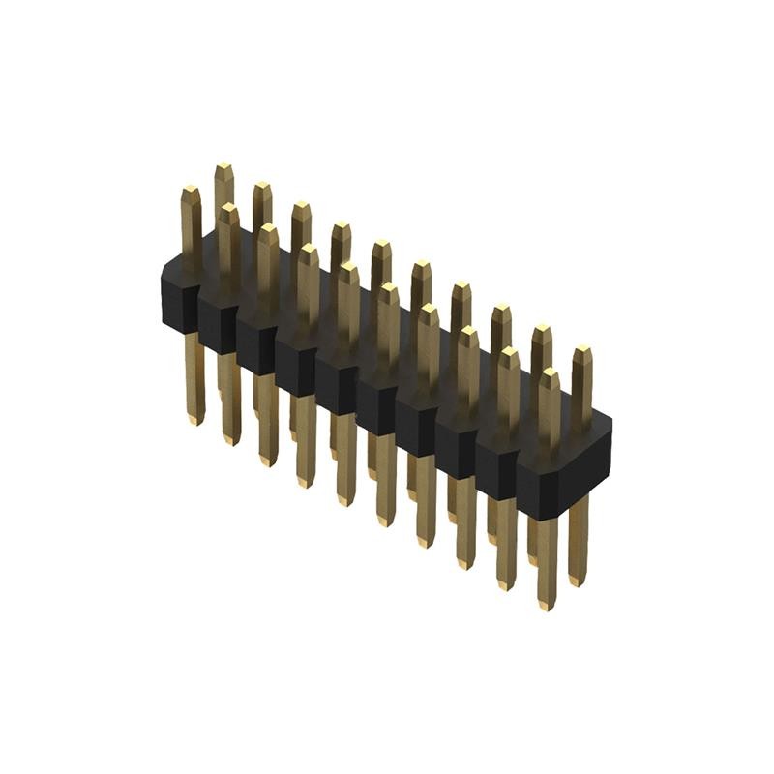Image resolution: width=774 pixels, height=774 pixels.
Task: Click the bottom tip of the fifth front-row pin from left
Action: click(x=345, y=500)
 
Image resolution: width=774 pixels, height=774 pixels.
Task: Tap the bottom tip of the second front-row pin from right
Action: click(x=505, y=584)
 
